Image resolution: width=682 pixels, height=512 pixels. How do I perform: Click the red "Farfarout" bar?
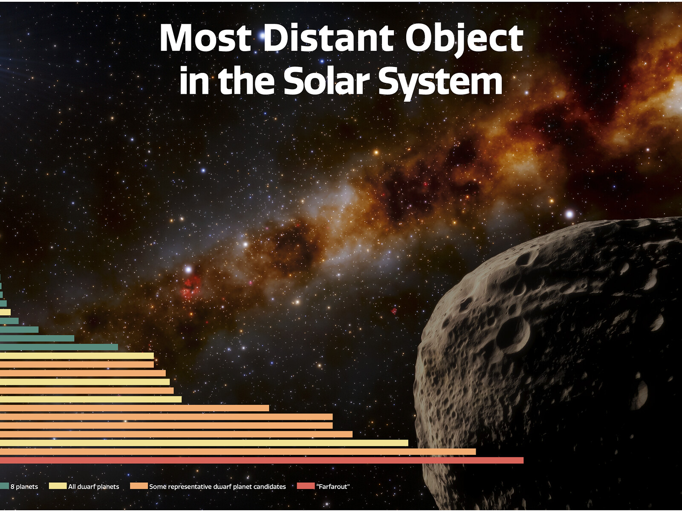point(262,460)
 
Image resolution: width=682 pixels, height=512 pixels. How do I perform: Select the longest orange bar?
point(238,452)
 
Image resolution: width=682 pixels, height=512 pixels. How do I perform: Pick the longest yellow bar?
point(204,443)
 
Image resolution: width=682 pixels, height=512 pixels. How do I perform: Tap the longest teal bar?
point(59,347)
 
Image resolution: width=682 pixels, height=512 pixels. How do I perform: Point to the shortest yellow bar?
point(5,312)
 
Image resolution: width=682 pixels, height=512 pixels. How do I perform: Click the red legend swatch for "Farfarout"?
point(306,486)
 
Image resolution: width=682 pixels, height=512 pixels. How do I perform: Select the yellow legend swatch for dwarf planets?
point(58,486)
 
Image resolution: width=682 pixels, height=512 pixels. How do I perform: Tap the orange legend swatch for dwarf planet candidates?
point(139,486)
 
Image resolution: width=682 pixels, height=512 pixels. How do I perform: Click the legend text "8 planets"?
point(24,486)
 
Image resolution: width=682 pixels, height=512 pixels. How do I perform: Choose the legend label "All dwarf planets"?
point(93,486)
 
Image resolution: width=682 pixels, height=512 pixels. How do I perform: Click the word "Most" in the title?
point(206,38)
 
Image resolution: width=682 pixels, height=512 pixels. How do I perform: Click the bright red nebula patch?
point(191,288)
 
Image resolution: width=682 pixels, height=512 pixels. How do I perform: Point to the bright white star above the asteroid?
point(569,214)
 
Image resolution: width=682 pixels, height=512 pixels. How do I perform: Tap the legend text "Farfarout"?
point(333,486)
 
